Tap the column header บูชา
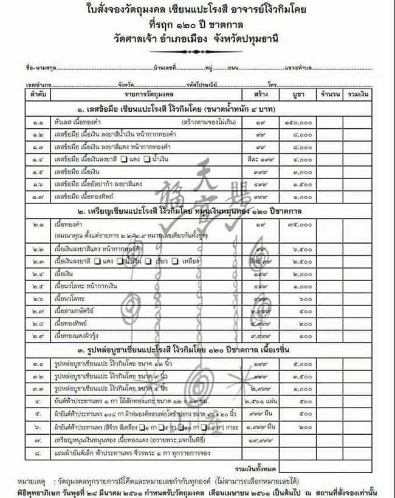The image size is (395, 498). tap(298, 95)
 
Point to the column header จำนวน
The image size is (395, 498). tap(329, 95)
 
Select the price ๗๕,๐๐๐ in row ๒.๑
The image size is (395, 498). tap(298, 226)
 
